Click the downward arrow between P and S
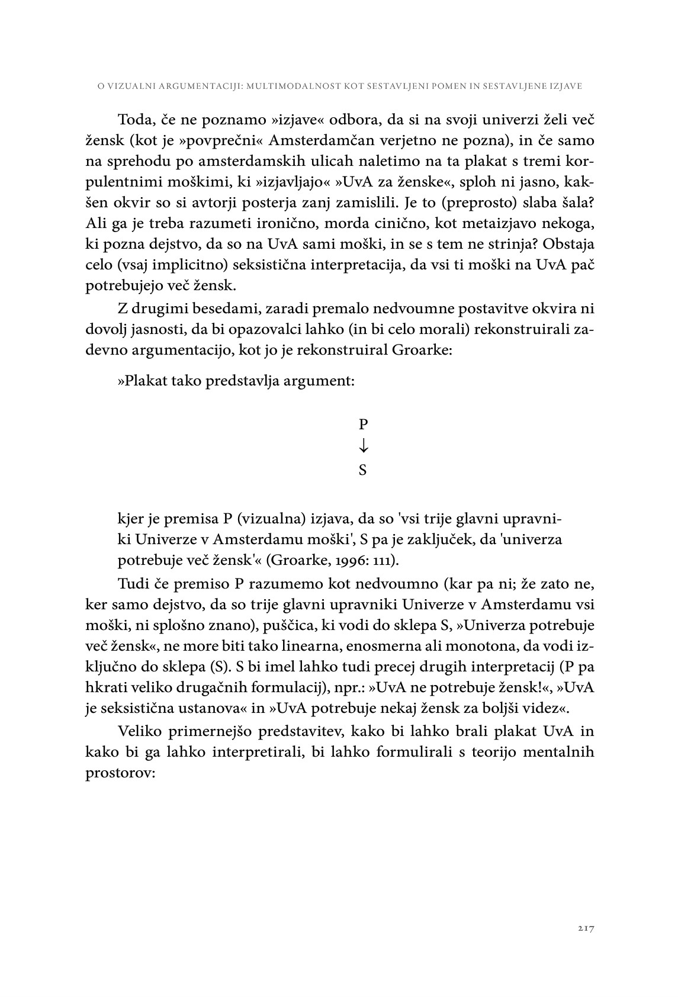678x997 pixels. (x=363, y=446)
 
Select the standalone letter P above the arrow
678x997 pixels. (x=363, y=424)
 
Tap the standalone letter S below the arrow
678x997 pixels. (x=363, y=470)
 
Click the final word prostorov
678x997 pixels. (x=120, y=772)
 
